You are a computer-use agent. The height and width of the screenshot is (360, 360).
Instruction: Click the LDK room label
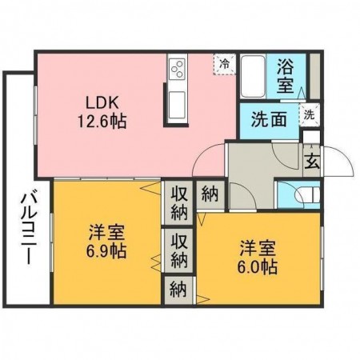pos(106,103)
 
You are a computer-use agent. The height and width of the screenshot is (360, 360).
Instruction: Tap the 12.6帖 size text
pos(106,122)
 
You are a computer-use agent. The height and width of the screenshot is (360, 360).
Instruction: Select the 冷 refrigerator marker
pos(225,62)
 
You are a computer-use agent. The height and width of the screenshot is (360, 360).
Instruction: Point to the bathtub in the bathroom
pos(255,76)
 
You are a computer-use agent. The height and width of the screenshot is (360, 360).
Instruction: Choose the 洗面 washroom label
pos(268,120)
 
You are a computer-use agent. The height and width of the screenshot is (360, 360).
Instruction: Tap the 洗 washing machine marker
pos(309,114)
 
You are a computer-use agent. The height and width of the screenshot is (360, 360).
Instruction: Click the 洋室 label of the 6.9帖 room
pos(106,232)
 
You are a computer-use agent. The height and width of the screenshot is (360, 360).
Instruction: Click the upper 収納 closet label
pos(179,202)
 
